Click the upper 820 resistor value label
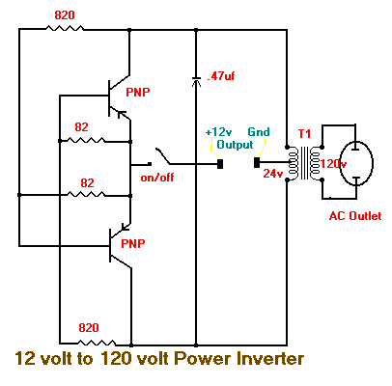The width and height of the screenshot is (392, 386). coord(65,15)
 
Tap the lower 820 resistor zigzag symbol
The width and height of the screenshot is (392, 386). coord(97,343)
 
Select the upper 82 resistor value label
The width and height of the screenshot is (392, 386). coord(81,127)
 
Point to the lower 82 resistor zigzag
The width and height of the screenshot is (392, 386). coord(86,194)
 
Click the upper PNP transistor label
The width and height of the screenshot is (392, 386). coord(138,93)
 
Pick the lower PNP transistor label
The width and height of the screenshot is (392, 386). coord(133,243)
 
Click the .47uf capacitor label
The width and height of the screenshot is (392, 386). coord(221,76)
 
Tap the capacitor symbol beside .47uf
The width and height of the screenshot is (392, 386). coord(196,81)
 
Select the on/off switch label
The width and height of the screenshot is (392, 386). coord(157,177)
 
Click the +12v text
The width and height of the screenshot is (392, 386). coord(219,132)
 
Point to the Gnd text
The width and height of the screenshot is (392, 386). coord(259,132)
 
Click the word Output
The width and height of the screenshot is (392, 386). coord(235,145)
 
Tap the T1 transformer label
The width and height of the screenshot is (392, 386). coord(304,134)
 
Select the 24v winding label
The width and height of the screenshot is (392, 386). coord(273,174)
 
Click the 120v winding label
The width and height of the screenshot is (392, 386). coord(333,164)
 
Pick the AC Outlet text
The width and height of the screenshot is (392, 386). coord(355,216)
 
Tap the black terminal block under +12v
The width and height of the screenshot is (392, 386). coord(220,163)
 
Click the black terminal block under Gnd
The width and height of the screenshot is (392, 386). coord(257,162)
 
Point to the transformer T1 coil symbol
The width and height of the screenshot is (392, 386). coord(304,163)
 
